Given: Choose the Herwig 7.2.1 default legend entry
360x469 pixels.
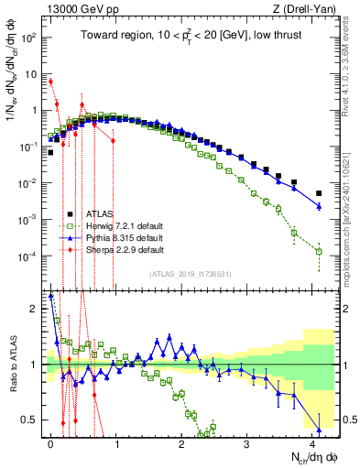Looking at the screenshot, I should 125,226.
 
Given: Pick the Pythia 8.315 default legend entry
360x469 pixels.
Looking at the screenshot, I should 123,238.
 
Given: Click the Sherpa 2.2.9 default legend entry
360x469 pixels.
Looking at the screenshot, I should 123,249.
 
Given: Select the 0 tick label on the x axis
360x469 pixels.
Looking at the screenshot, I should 51,442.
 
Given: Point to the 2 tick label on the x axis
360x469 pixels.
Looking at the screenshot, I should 181,442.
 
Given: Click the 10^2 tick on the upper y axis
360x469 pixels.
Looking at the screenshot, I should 31,38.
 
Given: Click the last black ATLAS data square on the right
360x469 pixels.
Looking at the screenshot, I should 319,193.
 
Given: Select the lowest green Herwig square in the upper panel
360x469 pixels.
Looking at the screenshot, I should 319,251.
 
